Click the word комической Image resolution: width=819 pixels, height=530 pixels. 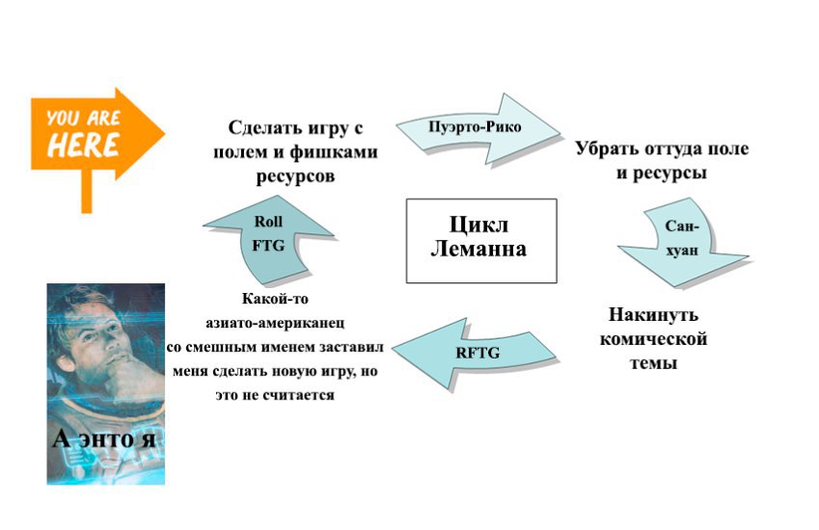[x=653, y=339]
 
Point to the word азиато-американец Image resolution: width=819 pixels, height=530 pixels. [x=275, y=323]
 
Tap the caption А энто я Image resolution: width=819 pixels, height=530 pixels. [x=106, y=440]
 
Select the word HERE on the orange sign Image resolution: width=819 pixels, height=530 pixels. [x=83, y=146]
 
